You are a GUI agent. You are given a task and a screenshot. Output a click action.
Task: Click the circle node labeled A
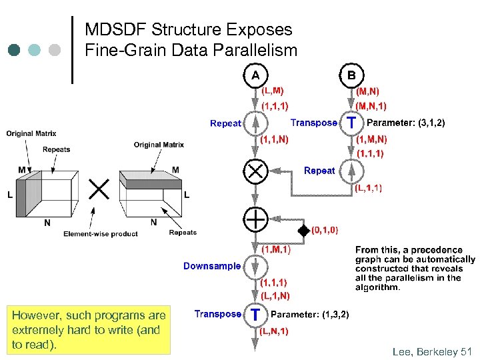[x=255, y=75]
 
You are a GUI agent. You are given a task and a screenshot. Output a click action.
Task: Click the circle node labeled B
[x=351, y=75]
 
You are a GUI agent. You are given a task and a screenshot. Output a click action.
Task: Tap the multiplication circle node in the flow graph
[x=255, y=171]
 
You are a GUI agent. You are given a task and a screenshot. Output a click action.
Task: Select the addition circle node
[x=255, y=219]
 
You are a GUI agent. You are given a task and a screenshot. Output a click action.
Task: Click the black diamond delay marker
[x=304, y=231]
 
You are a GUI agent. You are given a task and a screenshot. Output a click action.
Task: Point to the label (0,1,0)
[x=325, y=231]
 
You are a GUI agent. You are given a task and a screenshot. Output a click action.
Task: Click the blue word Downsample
[x=212, y=266]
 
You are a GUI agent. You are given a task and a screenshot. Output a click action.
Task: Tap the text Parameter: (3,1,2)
[x=406, y=123]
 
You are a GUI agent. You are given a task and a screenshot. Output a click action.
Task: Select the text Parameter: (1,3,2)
[x=310, y=314]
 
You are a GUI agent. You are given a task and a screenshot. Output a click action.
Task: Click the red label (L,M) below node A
[x=273, y=90]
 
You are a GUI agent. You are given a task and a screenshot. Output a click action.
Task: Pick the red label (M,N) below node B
[x=368, y=90]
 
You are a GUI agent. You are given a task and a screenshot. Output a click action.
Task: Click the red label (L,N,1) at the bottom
[x=273, y=330]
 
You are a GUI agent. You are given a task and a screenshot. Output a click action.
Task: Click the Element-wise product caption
[x=101, y=234]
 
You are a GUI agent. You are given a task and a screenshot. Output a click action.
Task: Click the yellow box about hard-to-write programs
[x=89, y=329]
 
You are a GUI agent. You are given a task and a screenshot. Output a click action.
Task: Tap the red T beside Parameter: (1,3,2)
[x=254, y=314]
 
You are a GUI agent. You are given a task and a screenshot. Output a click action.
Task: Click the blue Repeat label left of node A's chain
[x=225, y=123]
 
